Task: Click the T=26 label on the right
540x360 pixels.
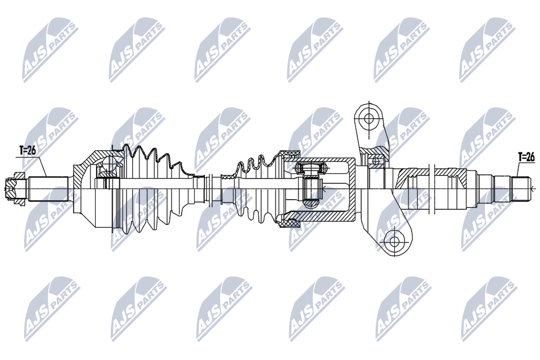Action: [526, 157]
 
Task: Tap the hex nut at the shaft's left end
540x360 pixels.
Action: [15, 188]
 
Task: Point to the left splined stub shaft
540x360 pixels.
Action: [48, 188]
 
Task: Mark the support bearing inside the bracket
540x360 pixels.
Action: [375, 160]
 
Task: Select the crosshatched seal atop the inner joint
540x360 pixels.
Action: [289, 154]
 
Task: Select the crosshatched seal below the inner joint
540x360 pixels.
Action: [289, 224]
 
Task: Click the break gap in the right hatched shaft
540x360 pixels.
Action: [430, 188]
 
